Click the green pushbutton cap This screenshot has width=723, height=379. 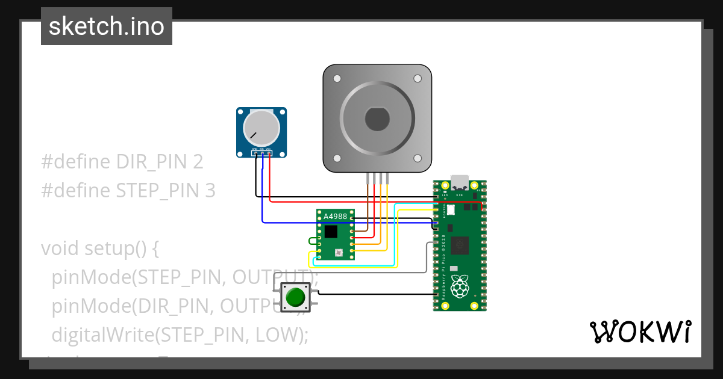295,297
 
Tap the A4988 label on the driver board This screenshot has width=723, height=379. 336,217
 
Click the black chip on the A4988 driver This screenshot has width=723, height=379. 331,232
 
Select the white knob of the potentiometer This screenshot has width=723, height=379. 261,128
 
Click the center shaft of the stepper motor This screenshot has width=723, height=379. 377,118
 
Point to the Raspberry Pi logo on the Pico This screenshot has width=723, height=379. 461,287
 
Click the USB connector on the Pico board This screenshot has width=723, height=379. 460,182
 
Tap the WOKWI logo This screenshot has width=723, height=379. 640,331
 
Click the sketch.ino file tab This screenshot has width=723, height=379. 107,26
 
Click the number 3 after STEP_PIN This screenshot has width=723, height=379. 210,191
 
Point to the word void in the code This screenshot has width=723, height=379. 60,248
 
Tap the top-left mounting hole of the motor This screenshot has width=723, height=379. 337,79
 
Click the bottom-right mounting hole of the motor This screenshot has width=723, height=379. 417,158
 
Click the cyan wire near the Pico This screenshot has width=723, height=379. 395,241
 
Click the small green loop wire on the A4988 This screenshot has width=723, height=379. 311,241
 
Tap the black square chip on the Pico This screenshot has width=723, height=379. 461,245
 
